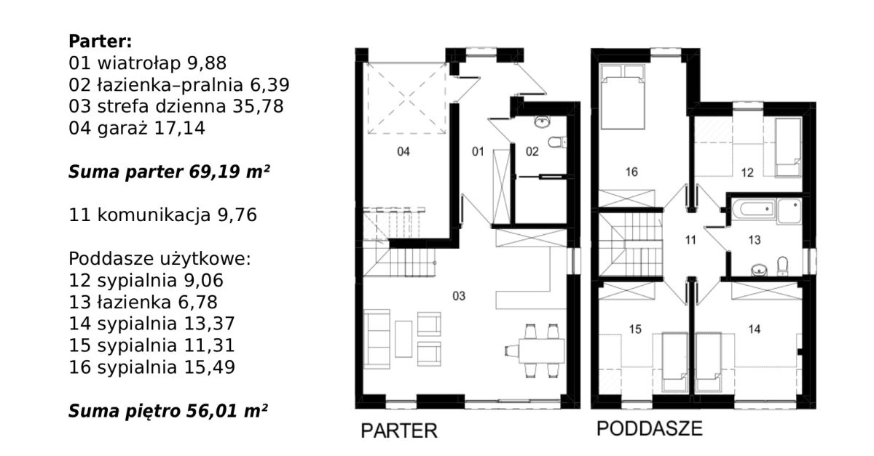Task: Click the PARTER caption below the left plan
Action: pos(399,431)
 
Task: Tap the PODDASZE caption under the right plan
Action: pos(650,428)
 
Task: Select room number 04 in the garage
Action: pos(403,151)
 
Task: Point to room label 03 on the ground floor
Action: pos(459,296)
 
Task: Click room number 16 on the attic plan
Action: pos(631,172)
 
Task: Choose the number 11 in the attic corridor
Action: pos(690,240)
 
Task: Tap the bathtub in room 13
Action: pos(753,209)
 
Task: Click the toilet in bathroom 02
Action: pos(556,142)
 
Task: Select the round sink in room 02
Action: pos(542,122)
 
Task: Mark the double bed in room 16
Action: pos(622,97)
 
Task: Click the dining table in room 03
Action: pos(541,351)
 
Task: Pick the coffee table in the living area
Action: pos(403,339)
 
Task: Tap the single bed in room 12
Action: pos(788,148)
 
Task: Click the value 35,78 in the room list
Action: pos(259,106)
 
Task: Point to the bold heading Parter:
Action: pos(101,41)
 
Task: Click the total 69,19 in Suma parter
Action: pos(214,172)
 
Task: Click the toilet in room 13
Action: pos(782,264)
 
